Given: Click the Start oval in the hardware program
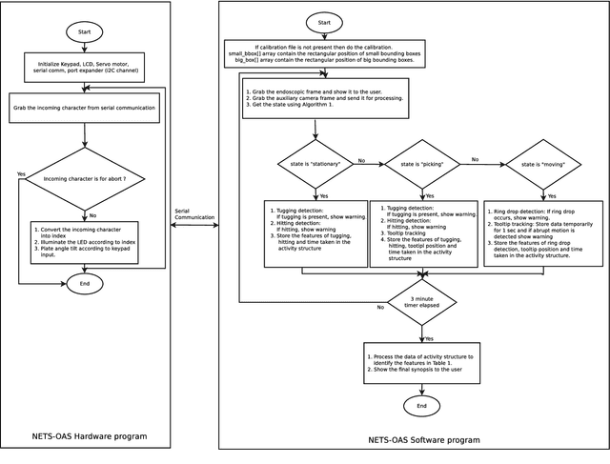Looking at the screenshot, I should pyautogui.click(x=85, y=31).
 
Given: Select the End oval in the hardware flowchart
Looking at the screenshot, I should pyautogui.click(x=85, y=283).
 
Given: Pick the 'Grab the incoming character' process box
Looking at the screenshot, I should pyautogui.click(x=85, y=109).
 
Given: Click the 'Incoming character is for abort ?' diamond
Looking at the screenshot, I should pyautogui.click(x=85, y=178).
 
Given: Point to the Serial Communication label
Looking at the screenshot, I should pyautogui.click(x=193, y=214).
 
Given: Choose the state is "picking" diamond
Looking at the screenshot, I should pyautogui.click(x=421, y=165).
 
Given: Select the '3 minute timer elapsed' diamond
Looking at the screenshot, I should pyautogui.click(x=421, y=303).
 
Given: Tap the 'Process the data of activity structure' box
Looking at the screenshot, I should pyautogui.click(x=421, y=362).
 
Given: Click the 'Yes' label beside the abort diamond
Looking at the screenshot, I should pyautogui.click(x=21, y=174).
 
